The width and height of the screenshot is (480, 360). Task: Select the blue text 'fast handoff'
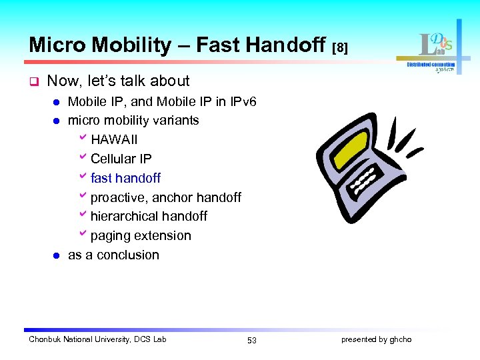125,178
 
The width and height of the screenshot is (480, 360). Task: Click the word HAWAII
114,139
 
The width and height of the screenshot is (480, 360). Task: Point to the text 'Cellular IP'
121,159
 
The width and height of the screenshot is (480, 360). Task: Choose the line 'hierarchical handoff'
149,216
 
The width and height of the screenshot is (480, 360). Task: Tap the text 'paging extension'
141,235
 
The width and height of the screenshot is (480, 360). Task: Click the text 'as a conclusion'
113,255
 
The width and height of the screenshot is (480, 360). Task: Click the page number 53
251,340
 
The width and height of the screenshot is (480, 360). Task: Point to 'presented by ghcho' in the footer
376,339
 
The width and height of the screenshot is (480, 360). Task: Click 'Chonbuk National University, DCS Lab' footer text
97,339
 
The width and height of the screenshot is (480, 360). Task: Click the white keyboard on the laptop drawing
364,180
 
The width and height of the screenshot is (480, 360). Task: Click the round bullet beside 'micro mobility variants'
57,121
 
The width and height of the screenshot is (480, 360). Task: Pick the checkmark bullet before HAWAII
83,139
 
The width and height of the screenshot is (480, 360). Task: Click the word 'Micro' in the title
57,45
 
